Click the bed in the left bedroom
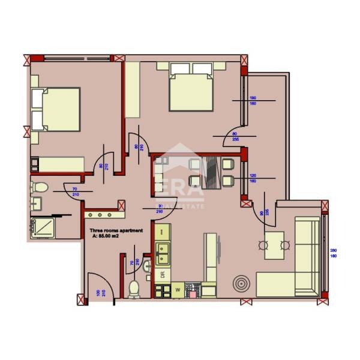point(56,110)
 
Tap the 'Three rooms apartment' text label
point(116,230)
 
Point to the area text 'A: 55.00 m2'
point(112,236)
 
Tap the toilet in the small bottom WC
point(134,287)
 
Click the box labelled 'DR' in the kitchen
point(162,275)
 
